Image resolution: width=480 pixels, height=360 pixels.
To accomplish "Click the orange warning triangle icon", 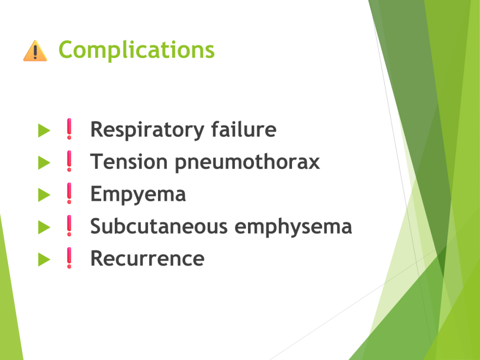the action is pyautogui.click(x=35, y=51).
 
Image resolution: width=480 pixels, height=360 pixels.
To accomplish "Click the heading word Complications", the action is pyautogui.click(x=136, y=50).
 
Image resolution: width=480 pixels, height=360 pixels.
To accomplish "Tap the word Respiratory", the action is pyautogui.click(x=147, y=130).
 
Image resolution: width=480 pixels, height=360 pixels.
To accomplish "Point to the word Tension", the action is pyautogui.click(x=129, y=162).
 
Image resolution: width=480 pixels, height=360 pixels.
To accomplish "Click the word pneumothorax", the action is pyautogui.click(x=247, y=163).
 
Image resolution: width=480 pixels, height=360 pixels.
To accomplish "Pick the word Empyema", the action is pyautogui.click(x=138, y=195).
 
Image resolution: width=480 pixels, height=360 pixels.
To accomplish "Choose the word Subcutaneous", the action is pyautogui.click(x=159, y=226).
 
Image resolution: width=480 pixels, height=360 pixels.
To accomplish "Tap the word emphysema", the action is pyautogui.click(x=293, y=227).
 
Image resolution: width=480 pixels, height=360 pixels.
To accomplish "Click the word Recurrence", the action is pyautogui.click(x=147, y=259).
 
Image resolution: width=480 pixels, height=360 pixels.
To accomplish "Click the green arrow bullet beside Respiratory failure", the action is pyautogui.click(x=44, y=130).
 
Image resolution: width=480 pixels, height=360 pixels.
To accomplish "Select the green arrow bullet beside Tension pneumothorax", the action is pyautogui.click(x=44, y=163).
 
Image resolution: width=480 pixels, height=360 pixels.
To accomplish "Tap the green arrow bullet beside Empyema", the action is pyautogui.click(x=44, y=195).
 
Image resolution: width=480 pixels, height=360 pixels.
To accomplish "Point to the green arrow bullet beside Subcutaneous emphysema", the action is pyautogui.click(x=44, y=227).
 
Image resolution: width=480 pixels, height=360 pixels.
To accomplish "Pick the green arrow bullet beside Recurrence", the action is pyautogui.click(x=44, y=260).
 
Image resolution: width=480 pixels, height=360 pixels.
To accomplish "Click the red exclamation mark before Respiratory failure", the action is pyautogui.click(x=69, y=129).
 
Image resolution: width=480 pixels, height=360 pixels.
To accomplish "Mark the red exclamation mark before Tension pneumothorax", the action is pyautogui.click(x=69, y=161).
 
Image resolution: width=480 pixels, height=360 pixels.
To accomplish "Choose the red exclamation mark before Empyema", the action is pyautogui.click(x=69, y=194).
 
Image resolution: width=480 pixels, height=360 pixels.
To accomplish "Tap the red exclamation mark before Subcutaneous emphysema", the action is pyautogui.click(x=69, y=225).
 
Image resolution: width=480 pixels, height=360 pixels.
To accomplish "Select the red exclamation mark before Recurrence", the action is pyautogui.click(x=69, y=258).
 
